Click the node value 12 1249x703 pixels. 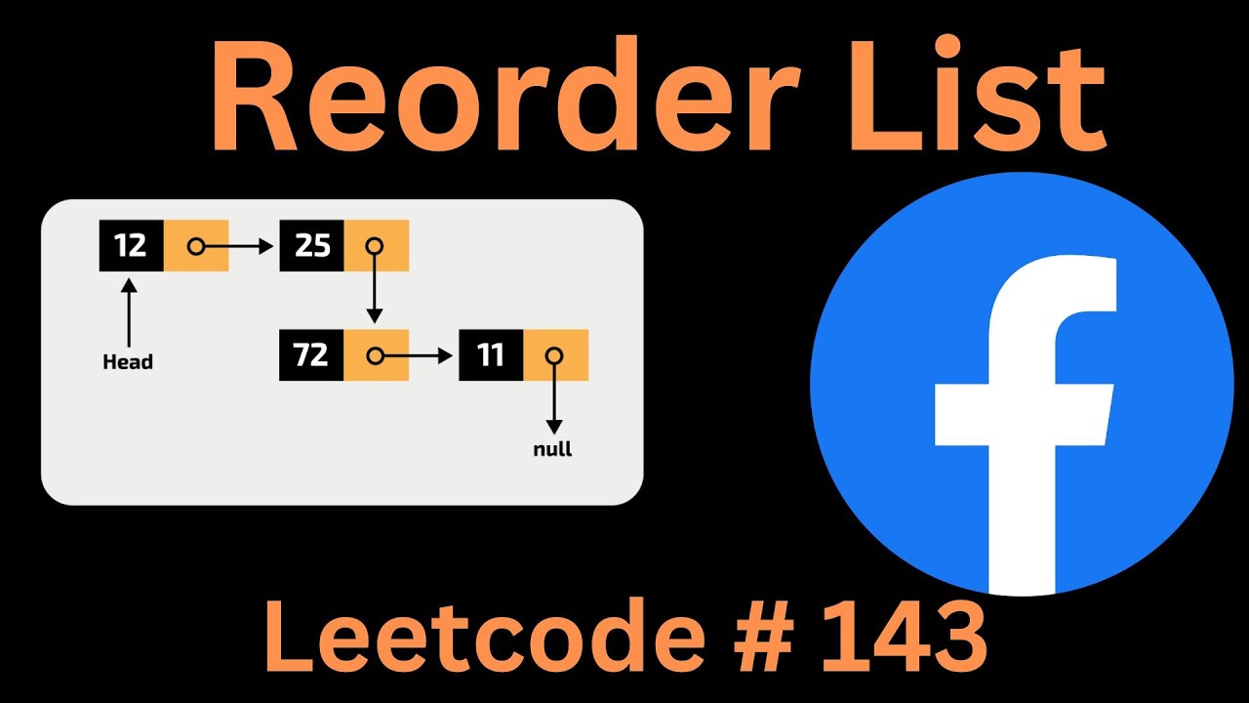(131, 246)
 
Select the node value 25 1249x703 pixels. (312, 246)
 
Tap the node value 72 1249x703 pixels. (311, 355)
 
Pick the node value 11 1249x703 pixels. (491, 355)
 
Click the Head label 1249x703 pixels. (128, 362)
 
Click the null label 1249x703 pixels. (553, 450)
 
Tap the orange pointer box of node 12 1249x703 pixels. (196, 246)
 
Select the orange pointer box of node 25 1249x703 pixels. (376, 246)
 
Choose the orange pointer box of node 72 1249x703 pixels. (376, 355)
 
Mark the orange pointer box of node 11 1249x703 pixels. (555, 355)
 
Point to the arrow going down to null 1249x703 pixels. (554, 400)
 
